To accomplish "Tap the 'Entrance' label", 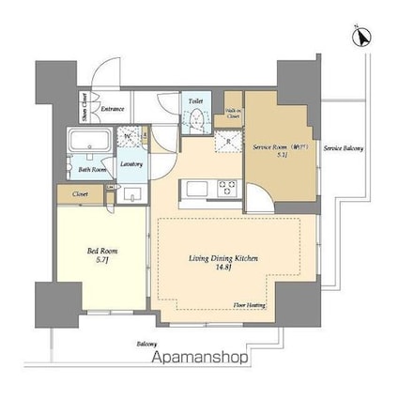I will coord(113,109).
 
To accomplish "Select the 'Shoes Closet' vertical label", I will coord(84,109).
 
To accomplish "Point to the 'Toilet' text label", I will coord(195,100).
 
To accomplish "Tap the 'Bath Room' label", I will coord(91,170).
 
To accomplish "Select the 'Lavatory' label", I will coord(131,164).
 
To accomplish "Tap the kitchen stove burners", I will coord(227,187).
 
